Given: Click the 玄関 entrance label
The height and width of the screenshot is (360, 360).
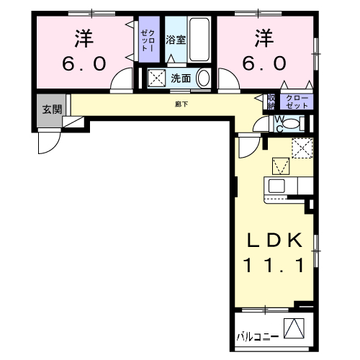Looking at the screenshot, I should click(x=51, y=109).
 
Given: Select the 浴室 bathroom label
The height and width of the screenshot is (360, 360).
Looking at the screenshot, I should click(x=176, y=40).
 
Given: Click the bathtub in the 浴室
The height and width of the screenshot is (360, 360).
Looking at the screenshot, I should click(x=199, y=41).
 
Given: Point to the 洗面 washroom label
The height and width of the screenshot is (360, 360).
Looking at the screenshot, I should click(x=181, y=78).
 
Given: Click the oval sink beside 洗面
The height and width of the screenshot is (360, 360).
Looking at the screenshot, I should click(x=203, y=78).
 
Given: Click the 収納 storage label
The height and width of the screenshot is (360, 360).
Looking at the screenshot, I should click(x=271, y=102).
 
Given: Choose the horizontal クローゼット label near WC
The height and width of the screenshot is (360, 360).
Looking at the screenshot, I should click(x=297, y=102).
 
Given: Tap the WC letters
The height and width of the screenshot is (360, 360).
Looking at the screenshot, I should click(x=275, y=122).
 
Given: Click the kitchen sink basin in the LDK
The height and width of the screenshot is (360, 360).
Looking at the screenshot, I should click(x=277, y=186).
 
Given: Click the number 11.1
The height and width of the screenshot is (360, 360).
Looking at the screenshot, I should click(x=270, y=266).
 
